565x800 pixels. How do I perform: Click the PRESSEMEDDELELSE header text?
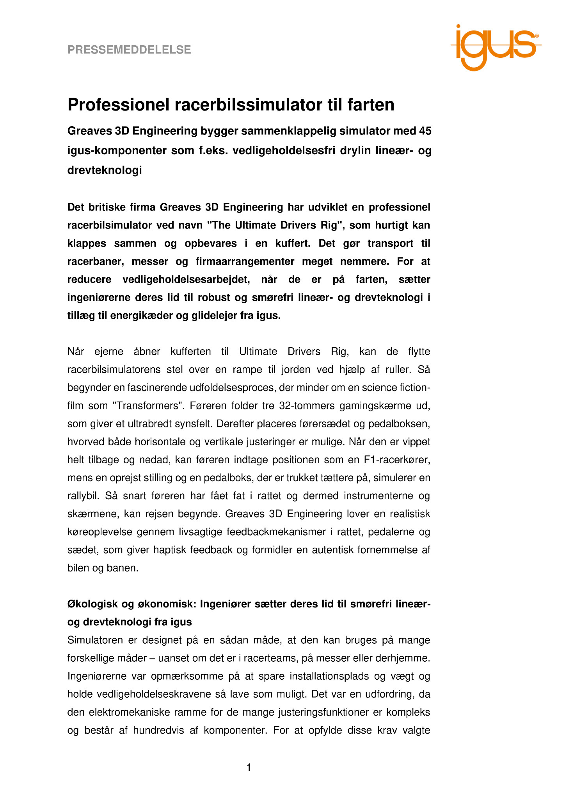coord(129,50)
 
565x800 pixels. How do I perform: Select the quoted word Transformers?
coord(148,406)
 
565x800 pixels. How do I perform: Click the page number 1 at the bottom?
coord(249,768)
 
